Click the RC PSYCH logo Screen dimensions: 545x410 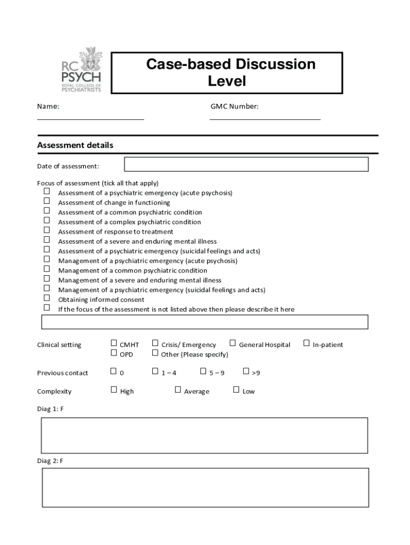(x=80, y=70)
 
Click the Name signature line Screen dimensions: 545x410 (x=91, y=119)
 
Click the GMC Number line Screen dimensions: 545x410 (x=265, y=119)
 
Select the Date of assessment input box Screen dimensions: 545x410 (x=246, y=164)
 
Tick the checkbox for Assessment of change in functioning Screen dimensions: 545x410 (x=47, y=201)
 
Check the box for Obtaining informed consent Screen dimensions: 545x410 (x=47, y=298)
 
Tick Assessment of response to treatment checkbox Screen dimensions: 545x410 (x=47, y=230)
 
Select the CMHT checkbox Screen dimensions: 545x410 (x=113, y=343)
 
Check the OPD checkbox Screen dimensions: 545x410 (x=113, y=352)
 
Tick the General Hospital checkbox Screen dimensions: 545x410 (x=233, y=343)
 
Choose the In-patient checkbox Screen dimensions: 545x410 (x=306, y=343)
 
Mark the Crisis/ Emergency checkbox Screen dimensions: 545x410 (x=155, y=343)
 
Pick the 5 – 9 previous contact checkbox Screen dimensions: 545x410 (x=203, y=371)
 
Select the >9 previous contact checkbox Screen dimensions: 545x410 (x=246, y=371)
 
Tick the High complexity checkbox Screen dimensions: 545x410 (x=113, y=390)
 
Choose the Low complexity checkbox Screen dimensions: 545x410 (x=236, y=390)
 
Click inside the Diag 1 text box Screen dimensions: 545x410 (x=204, y=435)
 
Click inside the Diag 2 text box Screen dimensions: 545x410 (x=204, y=488)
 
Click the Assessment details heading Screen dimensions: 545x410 (x=75, y=145)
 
